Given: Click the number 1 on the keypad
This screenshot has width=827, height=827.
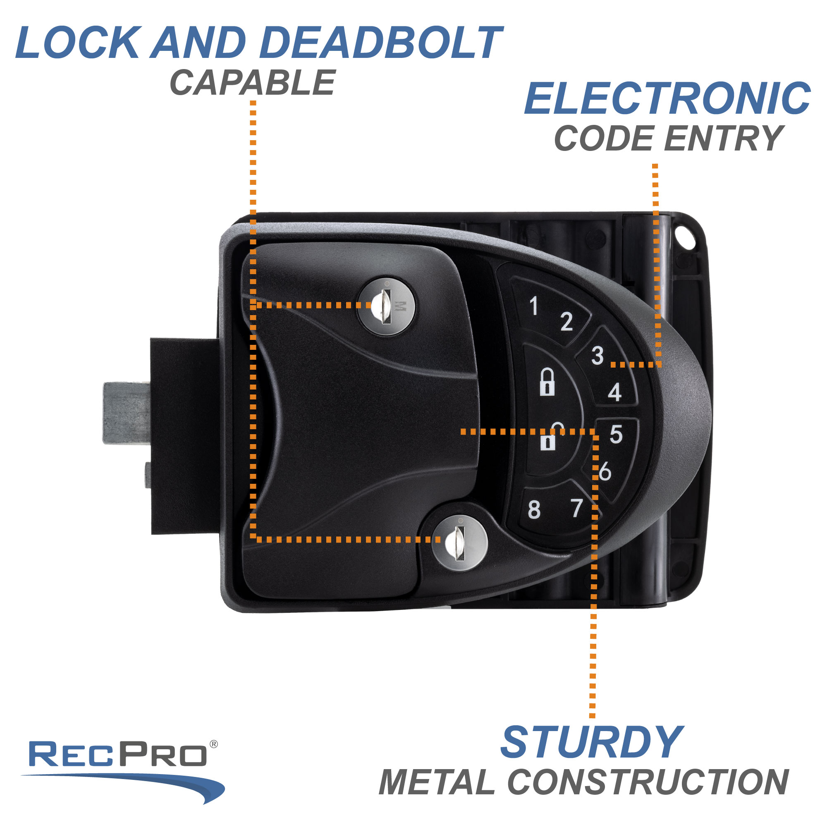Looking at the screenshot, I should [x=533, y=306].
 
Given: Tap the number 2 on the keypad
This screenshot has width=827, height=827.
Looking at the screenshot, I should [x=566, y=321].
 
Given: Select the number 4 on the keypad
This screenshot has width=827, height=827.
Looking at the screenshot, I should [x=615, y=392].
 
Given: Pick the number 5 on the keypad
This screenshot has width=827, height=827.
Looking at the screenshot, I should [x=616, y=434].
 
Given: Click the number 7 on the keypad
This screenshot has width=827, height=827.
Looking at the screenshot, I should [x=577, y=508].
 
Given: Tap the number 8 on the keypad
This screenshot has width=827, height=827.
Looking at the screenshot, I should [x=534, y=510].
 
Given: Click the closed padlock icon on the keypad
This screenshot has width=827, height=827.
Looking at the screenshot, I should [x=547, y=381].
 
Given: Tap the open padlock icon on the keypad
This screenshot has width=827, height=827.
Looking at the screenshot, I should [x=548, y=437].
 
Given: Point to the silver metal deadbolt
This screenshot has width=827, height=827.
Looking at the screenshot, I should [x=127, y=413].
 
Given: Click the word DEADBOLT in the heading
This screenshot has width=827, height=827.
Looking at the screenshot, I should [x=381, y=43].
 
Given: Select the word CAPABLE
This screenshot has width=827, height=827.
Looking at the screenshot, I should [x=253, y=83].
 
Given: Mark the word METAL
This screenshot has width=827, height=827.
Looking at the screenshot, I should [x=437, y=782].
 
